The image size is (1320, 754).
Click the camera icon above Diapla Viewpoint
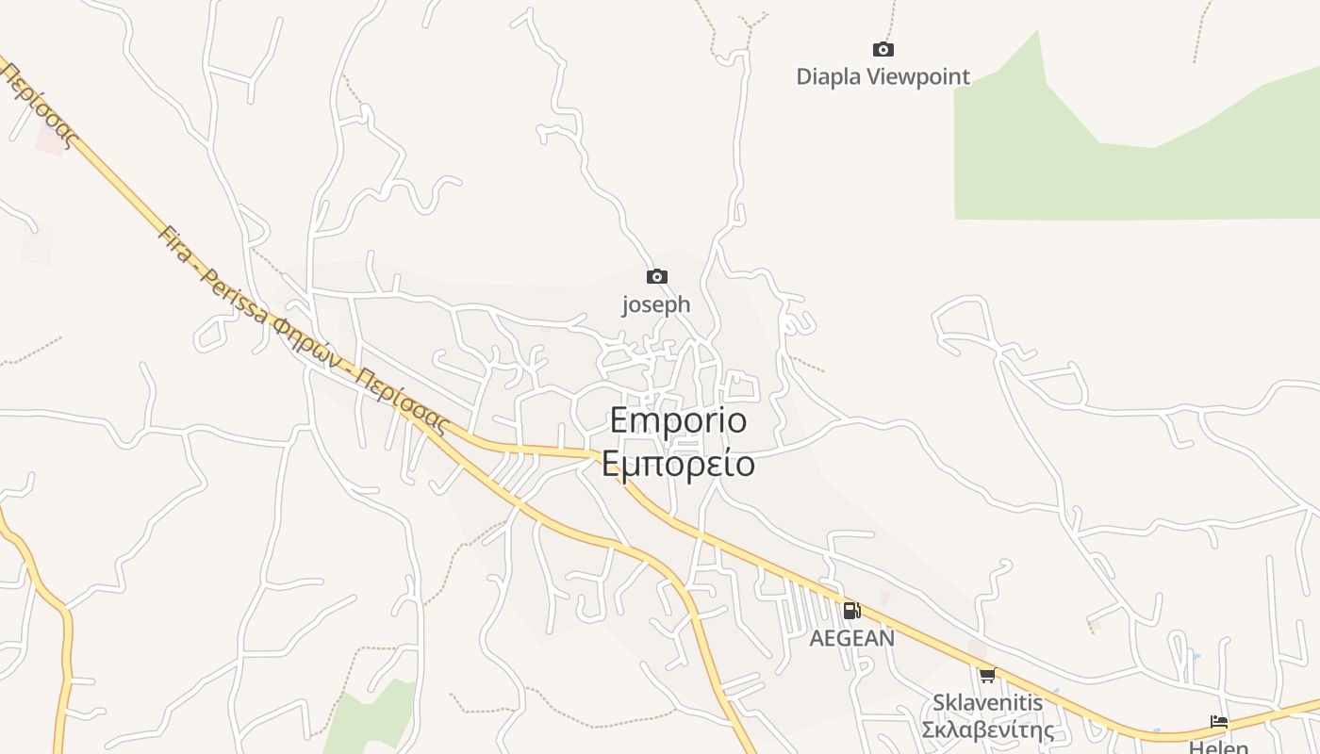click(883, 49)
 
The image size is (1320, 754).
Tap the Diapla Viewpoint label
click(883, 76)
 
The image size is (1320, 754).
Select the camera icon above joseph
click(656, 276)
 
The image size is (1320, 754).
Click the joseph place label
click(656, 304)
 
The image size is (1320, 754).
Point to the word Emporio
click(678, 419)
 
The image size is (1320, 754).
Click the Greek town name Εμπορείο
click(678, 464)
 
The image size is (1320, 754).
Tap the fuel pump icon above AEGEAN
click(851, 610)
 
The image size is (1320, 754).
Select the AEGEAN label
click(851, 638)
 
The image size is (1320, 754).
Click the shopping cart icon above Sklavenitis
click(987, 675)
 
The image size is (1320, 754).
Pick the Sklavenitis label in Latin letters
click(987, 702)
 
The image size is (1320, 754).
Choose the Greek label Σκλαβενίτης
click(987, 730)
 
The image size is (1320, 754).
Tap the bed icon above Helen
click(1219, 722)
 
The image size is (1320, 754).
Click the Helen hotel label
click(1219, 747)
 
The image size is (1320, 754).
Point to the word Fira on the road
click(173, 243)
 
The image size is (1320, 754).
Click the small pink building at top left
click(50, 141)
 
